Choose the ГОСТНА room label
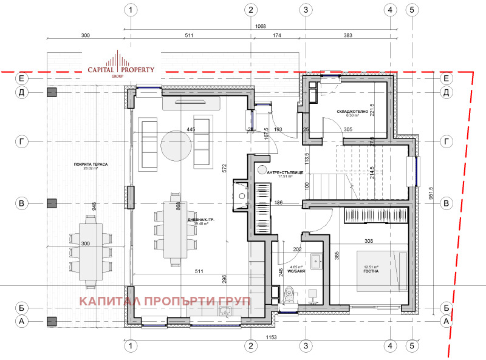pos(372,271)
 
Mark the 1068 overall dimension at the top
pos(260,26)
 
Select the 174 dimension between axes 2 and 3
pos(277,36)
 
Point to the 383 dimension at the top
pos(347,36)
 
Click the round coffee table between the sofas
pos(176,144)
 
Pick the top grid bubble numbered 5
pos(411,10)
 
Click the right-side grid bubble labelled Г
pos(447,141)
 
